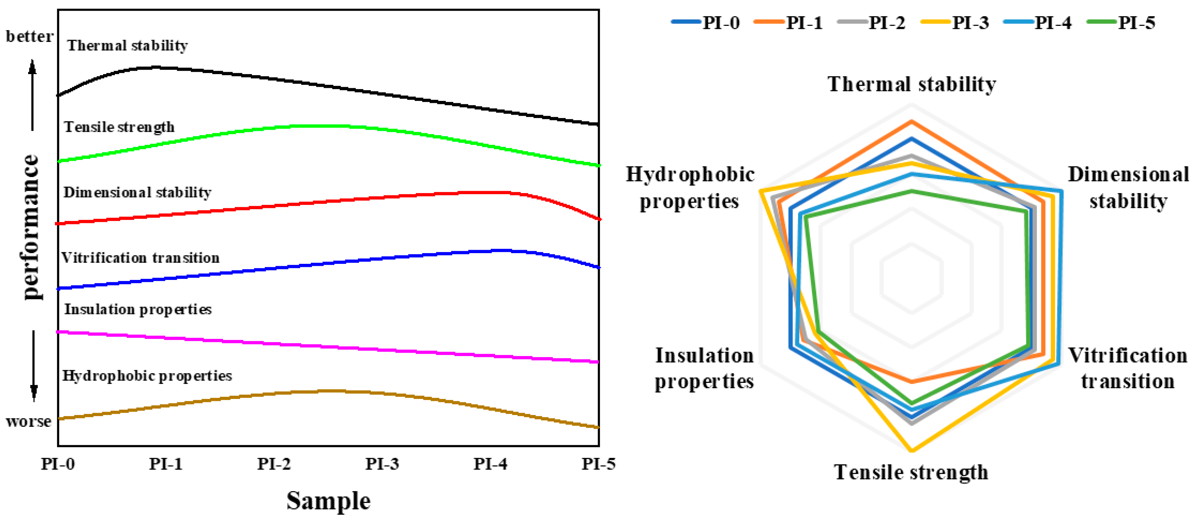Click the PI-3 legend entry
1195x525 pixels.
[956, 22]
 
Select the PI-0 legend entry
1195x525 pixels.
[706, 22]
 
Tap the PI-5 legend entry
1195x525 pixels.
[1122, 22]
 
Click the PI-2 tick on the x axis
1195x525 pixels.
[274, 464]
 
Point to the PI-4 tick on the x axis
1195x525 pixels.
[490, 464]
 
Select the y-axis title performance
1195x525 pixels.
[30, 227]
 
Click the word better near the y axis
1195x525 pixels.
[29, 36]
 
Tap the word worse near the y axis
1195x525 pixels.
[28, 421]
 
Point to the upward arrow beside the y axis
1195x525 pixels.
[32, 95]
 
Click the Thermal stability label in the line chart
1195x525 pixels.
[127, 46]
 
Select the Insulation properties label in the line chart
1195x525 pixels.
[138, 309]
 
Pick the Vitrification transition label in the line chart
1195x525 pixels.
[140, 257]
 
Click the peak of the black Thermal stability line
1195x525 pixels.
[155, 67]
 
